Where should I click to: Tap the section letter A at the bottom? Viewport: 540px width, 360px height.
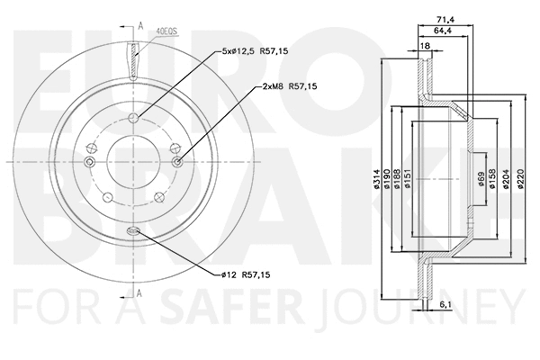[x=139, y=292]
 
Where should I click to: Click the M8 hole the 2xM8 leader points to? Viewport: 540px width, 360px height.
[x=177, y=162]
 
